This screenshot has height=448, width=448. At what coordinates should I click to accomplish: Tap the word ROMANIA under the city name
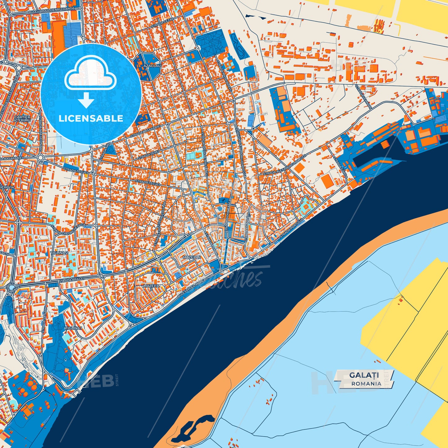[366, 384]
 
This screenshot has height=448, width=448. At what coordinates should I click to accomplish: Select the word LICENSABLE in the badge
[91, 118]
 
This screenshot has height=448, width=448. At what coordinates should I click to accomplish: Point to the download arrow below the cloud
[86, 100]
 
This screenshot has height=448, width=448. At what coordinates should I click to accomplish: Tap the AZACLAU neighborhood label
[152, 66]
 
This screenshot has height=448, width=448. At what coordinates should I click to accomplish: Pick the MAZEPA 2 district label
[151, 287]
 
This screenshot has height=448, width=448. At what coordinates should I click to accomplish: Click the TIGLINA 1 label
[73, 328]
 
